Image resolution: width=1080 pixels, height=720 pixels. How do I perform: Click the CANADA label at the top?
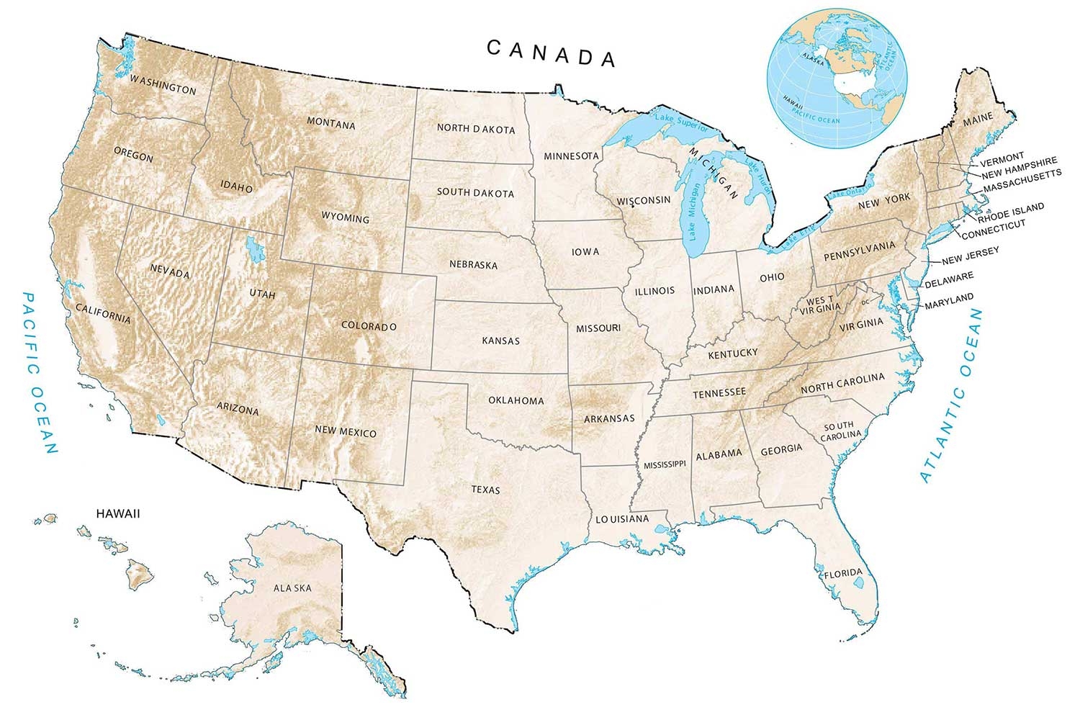552,54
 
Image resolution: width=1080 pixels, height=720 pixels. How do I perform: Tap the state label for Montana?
331,124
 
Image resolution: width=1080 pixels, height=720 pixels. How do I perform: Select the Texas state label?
485,490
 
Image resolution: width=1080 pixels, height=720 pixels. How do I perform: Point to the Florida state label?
842,574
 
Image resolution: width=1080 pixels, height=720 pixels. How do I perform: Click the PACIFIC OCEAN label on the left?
40,372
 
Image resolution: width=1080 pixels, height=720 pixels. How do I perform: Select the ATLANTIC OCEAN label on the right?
952,395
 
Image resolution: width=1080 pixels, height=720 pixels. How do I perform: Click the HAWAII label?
118,514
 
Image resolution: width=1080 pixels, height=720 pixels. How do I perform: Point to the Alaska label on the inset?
292,588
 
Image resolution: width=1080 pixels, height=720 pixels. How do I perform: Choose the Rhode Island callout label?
1010,212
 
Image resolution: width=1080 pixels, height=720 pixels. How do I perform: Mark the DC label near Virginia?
865,301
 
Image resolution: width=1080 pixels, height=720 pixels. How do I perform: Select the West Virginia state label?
820,304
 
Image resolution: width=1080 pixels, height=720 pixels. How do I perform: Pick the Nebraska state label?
473,264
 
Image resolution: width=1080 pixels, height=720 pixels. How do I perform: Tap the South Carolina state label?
840,430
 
